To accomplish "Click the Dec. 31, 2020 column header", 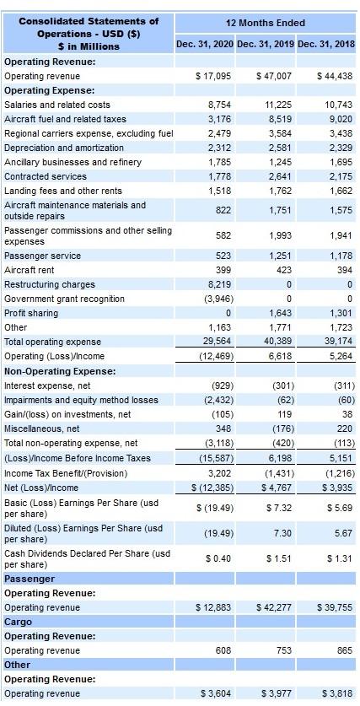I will (205, 43).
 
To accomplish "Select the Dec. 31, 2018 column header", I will (327, 43).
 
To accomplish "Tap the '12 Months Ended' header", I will (266, 22).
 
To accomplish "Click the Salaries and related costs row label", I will (57, 105).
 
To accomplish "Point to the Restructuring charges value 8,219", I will (219, 284).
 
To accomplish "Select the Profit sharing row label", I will (31, 313).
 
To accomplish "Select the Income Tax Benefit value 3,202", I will (219, 472).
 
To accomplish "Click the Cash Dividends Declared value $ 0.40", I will (219, 559).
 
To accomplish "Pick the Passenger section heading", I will (30, 579).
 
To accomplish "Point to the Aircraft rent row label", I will (30, 270).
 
